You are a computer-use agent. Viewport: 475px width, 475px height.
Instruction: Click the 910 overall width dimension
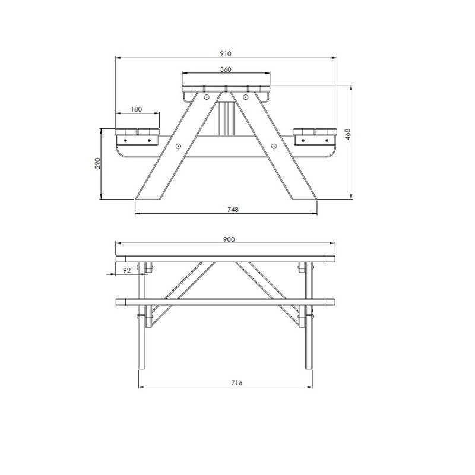click(x=225, y=53)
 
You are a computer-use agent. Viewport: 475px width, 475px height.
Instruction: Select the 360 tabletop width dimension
click(x=225, y=69)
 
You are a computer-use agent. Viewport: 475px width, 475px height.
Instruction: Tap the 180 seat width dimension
click(x=137, y=109)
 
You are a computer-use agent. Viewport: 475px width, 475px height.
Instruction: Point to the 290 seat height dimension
click(x=97, y=163)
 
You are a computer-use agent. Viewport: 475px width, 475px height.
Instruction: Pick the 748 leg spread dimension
click(x=225, y=210)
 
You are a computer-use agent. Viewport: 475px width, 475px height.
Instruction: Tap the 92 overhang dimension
click(x=126, y=270)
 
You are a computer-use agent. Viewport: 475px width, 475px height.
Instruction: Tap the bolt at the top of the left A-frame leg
click(x=206, y=97)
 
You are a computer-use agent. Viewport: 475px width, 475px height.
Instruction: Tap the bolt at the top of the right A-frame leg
click(x=245, y=96)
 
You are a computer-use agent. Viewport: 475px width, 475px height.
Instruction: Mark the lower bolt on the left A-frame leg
click(x=179, y=145)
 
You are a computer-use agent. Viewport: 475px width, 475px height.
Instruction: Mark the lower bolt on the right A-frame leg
click(x=273, y=145)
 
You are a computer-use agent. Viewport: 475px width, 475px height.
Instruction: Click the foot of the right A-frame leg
click(x=303, y=194)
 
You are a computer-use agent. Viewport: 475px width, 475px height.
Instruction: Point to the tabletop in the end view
click(x=226, y=90)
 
